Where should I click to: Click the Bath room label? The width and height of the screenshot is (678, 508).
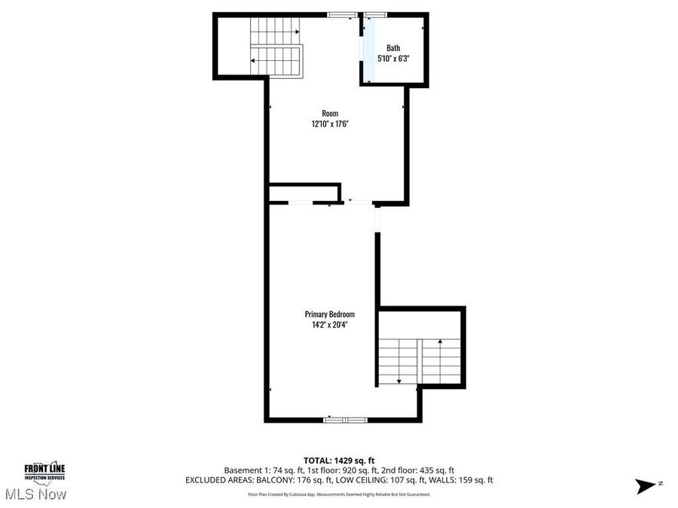pos(393,48)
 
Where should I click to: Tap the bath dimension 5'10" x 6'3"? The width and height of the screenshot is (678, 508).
pos(393,58)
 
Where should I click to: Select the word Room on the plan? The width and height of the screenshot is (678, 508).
pos(330,114)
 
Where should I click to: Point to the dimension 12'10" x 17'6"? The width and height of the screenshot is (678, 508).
pos(330,124)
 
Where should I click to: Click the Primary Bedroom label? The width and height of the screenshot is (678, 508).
pos(329,315)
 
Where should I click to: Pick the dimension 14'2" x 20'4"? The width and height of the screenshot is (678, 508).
pos(329,325)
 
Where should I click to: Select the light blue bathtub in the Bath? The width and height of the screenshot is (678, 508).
pos(368,50)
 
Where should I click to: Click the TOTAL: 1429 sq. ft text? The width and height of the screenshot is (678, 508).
pos(339,460)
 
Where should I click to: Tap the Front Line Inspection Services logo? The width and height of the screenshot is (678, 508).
pos(44,472)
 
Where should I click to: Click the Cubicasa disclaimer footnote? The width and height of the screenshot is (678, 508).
pos(339,494)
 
